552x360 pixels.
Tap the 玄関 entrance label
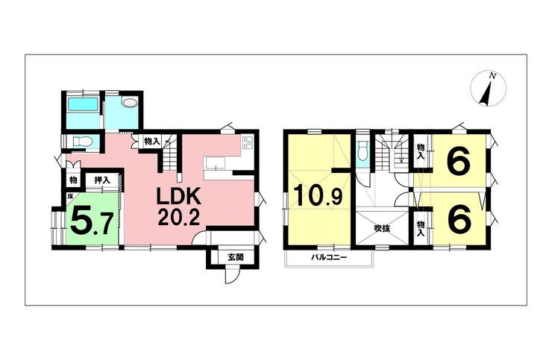(x=235, y=257)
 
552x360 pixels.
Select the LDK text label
(x=178, y=197)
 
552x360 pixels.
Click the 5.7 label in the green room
(x=92, y=221)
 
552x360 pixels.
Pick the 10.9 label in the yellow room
(x=318, y=195)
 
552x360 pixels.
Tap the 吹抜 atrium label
(x=382, y=228)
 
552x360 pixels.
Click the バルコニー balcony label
(x=329, y=257)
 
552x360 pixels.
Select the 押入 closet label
(x=102, y=180)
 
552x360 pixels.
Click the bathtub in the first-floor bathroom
(x=83, y=104)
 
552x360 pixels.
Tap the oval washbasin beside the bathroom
(x=130, y=101)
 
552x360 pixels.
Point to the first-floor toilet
(x=82, y=142)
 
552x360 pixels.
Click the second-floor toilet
(x=363, y=152)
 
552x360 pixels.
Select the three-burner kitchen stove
(x=247, y=143)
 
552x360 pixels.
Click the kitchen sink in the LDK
(x=215, y=163)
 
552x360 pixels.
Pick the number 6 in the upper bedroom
(x=458, y=162)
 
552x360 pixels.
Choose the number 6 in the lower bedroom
(x=459, y=219)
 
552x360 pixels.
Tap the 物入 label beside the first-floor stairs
(x=152, y=142)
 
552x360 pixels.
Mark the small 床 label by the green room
(x=69, y=196)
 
